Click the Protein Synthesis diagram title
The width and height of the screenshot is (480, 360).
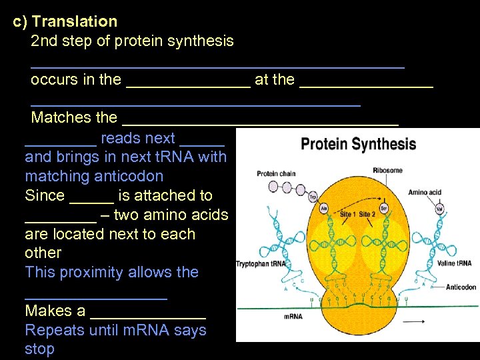click(x=358, y=144)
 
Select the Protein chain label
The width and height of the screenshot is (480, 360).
click(x=276, y=174)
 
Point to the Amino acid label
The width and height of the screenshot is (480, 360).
click(x=425, y=193)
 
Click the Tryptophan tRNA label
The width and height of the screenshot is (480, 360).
click(x=261, y=264)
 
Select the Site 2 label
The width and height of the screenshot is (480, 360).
click(x=368, y=215)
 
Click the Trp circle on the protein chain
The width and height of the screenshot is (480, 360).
click(x=312, y=198)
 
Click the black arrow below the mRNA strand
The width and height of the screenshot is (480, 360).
click(x=414, y=322)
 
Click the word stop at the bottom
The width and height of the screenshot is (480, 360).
click(x=39, y=349)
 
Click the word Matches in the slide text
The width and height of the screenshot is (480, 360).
click(x=56, y=118)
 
